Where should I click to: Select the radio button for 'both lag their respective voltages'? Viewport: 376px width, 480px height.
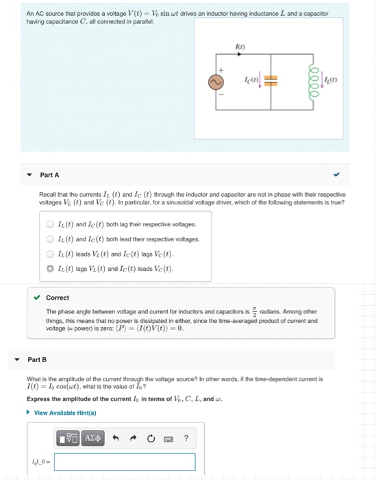[49, 224]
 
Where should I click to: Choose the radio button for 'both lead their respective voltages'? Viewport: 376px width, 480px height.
[49, 239]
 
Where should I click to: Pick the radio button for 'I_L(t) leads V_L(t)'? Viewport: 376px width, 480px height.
[49, 253]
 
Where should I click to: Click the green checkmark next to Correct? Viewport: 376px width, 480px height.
[37, 298]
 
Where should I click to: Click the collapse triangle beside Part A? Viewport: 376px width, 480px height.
[28, 175]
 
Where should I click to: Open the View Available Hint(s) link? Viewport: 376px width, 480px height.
[65, 413]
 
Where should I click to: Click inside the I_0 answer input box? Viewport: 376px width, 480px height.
[124, 462]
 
